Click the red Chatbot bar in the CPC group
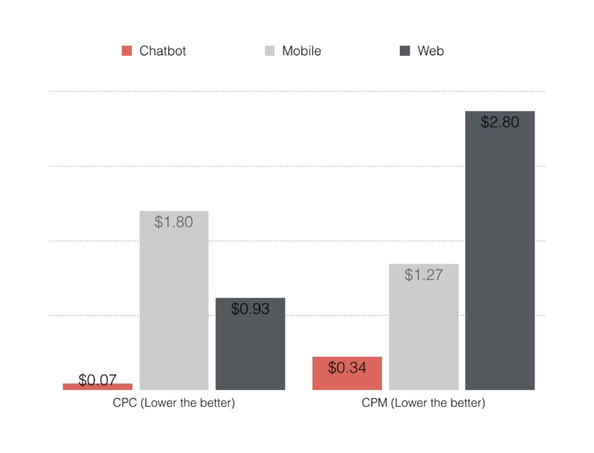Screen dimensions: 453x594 click(97, 386)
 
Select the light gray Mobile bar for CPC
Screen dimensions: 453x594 click(174, 312)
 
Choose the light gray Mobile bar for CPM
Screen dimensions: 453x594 click(424, 333)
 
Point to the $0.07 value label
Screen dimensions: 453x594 click(97, 380)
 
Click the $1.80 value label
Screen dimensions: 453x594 click(174, 222)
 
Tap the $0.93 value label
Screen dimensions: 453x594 click(250, 309)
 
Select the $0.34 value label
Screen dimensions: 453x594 click(347, 368)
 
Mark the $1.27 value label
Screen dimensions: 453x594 click(424, 275)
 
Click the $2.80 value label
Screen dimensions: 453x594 click(500, 122)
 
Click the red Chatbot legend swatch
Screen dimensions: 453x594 click(127, 51)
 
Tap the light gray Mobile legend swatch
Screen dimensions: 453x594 click(269, 51)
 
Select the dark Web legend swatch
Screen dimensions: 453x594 click(405, 51)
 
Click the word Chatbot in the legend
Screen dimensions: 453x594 click(162, 51)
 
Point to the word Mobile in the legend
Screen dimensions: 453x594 click(301, 51)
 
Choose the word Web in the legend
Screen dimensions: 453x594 click(430, 51)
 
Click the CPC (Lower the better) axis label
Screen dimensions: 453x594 click(174, 403)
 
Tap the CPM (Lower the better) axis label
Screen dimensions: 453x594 click(424, 403)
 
